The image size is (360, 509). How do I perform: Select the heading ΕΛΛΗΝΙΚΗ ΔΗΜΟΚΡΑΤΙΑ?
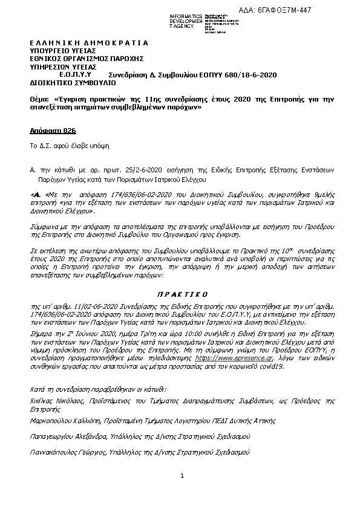89,44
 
